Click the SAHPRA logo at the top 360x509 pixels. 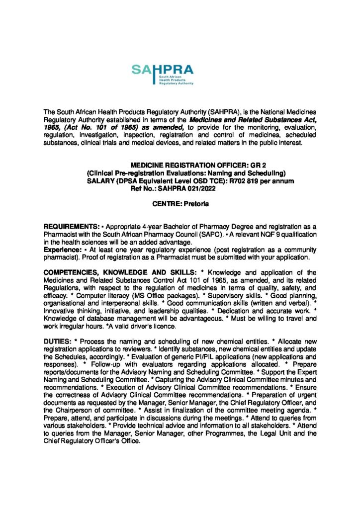click(x=163, y=75)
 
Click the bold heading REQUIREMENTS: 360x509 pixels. click(x=69, y=227)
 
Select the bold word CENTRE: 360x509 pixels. click(x=167, y=204)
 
